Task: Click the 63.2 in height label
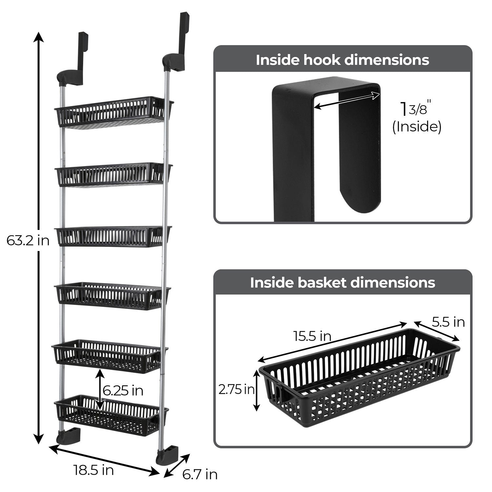click(28, 241)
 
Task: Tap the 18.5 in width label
click(93, 470)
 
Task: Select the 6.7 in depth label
click(200, 474)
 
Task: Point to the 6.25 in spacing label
click(123, 391)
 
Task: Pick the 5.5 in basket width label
click(448, 322)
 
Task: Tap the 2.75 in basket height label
click(236, 390)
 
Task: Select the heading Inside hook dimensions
click(342, 60)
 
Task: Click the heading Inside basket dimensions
click(342, 282)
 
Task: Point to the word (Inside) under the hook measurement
click(417, 127)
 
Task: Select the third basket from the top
click(112, 236)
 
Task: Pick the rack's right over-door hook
click(179, 43)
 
